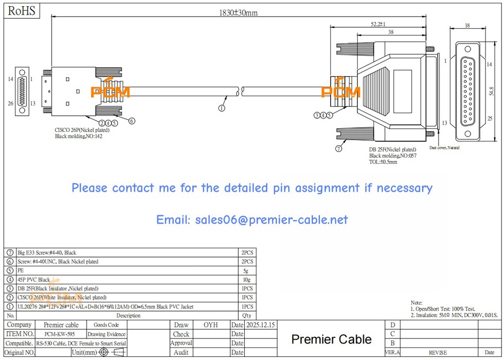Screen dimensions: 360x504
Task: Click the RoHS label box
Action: [x=21, y=10]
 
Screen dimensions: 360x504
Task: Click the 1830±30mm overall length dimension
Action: [x=235, y=12]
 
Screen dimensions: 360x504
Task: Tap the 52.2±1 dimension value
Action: [x=378, y=24]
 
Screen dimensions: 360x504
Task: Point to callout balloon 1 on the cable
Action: [x=222, y=108]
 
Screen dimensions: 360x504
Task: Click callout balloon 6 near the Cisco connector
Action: [x=132, y=121]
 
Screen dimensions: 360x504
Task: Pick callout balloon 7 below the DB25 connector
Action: [x=339, y=149]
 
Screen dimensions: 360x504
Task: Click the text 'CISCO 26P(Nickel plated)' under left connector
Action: [x=82, y=130]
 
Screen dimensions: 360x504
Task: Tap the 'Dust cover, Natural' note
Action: [x=444, y=148]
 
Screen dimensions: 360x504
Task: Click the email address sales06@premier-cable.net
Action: [x=252, y=220]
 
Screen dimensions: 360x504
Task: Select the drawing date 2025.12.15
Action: [x=261, y=325]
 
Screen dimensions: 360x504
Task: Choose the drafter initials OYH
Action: [x=211, y=325]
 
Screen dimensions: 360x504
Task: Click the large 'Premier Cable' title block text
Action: [x=331, y=339]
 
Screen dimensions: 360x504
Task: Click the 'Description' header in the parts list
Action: [x=128, y=316]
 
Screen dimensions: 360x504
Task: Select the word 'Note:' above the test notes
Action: [x=416, y=302]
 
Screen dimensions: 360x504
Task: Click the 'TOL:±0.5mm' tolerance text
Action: [x=383, y=162]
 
